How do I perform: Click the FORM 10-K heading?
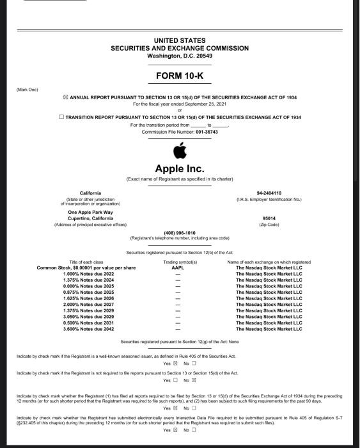point(180,77)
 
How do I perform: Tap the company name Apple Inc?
point(180,169)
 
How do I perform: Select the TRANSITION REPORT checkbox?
point(61,117)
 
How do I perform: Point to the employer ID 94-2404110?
point(269,193)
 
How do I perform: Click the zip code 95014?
point(269,218)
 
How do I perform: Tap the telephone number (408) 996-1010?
point(180,232)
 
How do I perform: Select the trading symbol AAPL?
point(179,268)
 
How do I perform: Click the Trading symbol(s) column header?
point(180,262)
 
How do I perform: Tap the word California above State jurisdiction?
point(90,193)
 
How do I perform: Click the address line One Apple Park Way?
point(90,212)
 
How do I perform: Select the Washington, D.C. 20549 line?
point(180,56)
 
